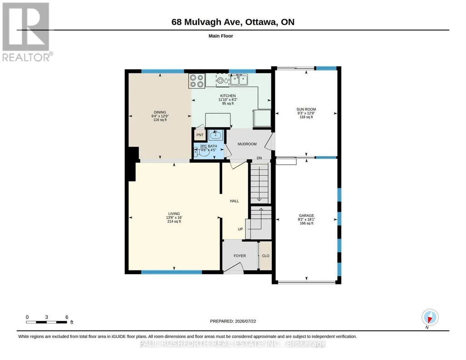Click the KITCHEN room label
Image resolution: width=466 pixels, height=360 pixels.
point(228,95)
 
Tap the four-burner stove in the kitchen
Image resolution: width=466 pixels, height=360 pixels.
point(197,81)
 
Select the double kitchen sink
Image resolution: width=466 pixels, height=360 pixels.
point(239,80)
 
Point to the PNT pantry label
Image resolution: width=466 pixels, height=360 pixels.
point(200,135)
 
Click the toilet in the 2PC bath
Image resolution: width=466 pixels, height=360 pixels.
point(201,153)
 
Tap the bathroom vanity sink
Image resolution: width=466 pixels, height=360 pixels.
point(215,135)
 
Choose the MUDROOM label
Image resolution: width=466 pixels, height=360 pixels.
point(247,144)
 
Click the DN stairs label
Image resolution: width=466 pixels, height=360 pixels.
point(259,158)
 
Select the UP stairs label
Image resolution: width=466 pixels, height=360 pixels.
point(240,229)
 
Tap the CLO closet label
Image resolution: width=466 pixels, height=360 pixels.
point(266,256)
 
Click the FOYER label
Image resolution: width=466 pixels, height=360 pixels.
point(240,256)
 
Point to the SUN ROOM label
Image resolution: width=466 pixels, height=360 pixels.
point(306,109)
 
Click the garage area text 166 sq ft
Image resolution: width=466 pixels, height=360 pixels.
point(306,223)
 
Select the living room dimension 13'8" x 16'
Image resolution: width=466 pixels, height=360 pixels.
point(174,217)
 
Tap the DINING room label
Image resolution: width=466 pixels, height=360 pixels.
point(160,112)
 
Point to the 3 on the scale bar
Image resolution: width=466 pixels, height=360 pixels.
point(46,317)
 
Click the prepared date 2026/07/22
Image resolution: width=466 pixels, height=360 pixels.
point(245,321)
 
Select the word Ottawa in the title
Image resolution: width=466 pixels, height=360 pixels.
point(260,22)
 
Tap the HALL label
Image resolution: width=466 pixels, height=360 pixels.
point(234,201)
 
